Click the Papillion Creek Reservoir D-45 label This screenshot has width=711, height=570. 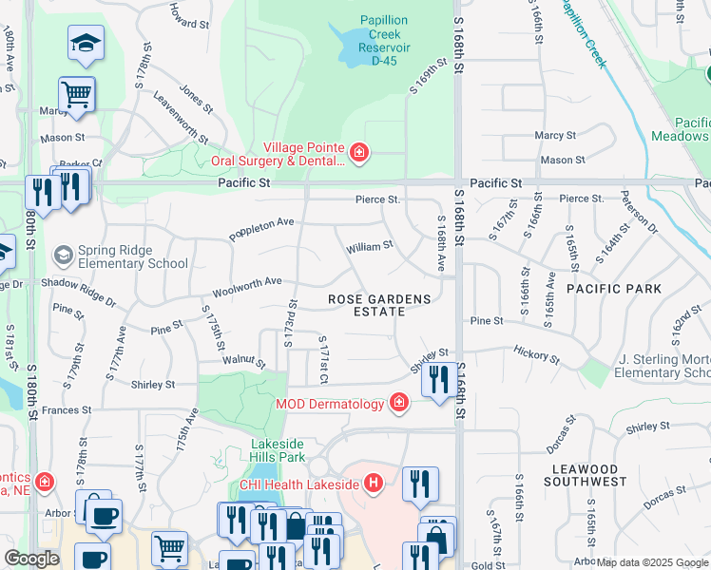pyautogui.click(x=385, y=41)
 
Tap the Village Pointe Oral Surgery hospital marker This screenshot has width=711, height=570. pyautogui.click(x=358, y=153)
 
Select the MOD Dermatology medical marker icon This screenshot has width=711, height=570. pyautogui.click(x=399, y=404)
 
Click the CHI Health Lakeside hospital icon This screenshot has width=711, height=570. pyautogui.click(x=374, y=484)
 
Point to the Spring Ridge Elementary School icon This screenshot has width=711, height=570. pyautogui.click(x=64, y=256)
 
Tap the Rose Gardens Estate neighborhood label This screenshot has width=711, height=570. pyautogui.click(x=379, y=306)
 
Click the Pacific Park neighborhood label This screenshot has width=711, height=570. pyautogui.click(x=608, y=288)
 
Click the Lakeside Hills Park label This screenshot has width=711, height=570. pyautogui.click(x=278, y=450)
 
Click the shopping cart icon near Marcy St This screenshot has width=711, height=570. pyautogui.click(x=77, y=93)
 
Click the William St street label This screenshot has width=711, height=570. pyautogui.click(x=369, y=247)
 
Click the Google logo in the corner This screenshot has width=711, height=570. pyautogui.click(x=31, y=559)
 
